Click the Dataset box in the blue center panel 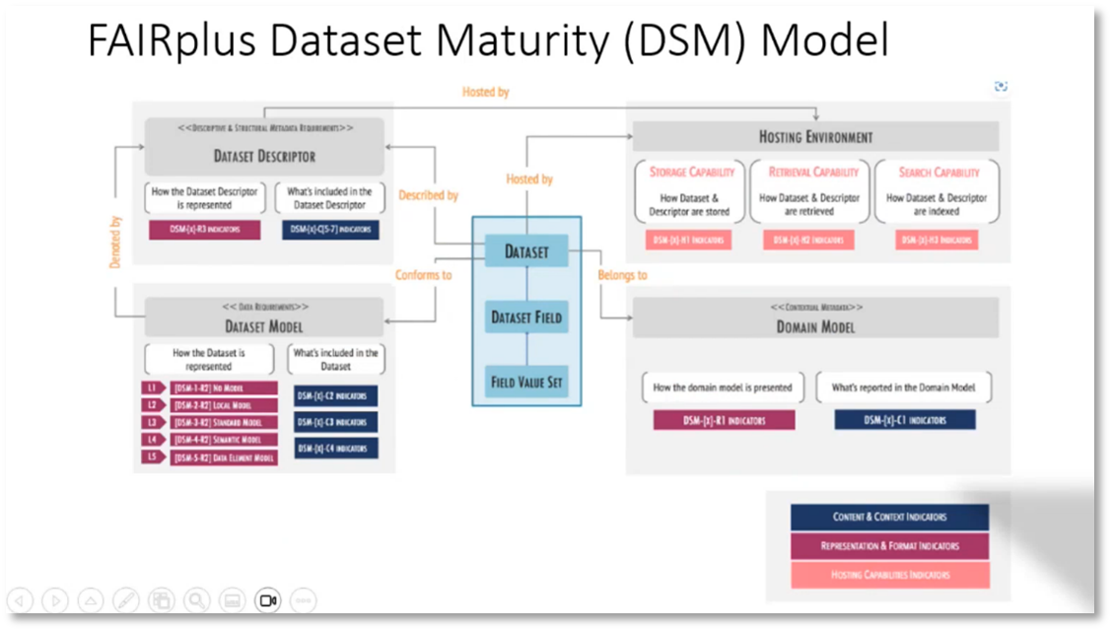click(526, 251)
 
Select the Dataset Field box click(526, 317)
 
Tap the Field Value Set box click(526, 382)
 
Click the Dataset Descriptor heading click(264, 156)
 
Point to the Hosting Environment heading click(815, 137)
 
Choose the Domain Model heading click(815, 326)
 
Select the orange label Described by click(428, 195)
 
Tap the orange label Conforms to click(423, 275)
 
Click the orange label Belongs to click(622, 275)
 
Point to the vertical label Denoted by click(115, 242)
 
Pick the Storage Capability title click(692, 172)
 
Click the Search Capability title click(939, 172)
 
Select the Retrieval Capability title click(814, 172)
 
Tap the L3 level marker click(152, 422)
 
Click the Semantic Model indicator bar click(224, 440)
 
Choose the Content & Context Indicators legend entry click(889, 517)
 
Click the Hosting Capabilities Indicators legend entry click(889, 575)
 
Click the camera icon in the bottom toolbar click(267, 599)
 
